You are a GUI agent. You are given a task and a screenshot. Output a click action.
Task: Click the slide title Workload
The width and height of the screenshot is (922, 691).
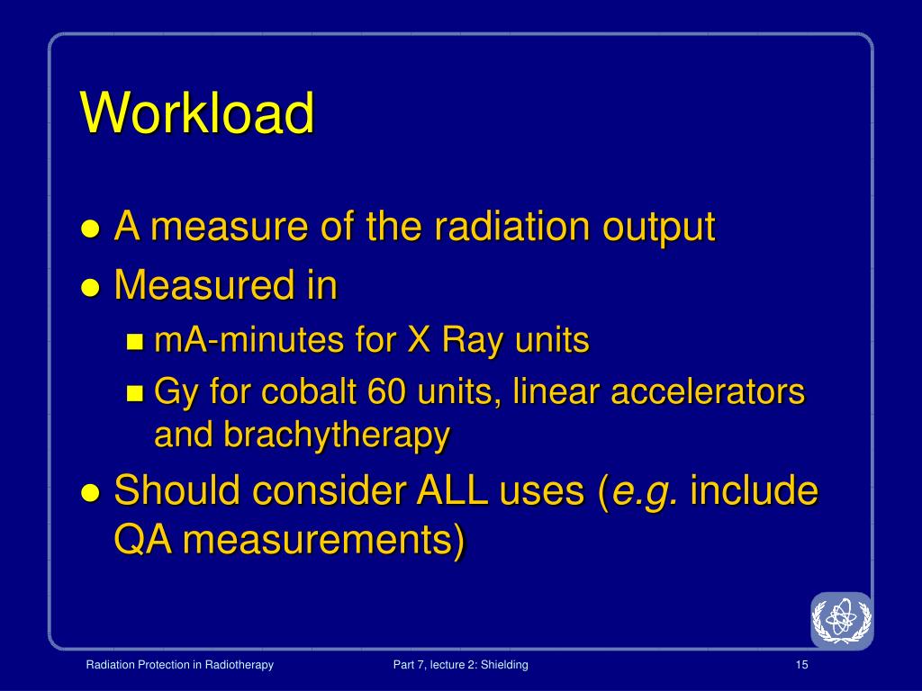point(197,113)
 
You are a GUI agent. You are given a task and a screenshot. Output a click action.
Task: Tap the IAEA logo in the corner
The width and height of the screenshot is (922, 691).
point(842,620)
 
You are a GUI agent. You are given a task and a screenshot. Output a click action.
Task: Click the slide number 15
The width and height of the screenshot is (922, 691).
point(802,665)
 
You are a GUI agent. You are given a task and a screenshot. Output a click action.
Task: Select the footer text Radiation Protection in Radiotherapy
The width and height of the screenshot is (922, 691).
point(179,665)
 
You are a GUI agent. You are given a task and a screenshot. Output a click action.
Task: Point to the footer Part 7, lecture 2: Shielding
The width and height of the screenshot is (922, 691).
point(460,665)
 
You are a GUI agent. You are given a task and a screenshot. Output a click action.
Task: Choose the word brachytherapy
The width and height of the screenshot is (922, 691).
point(336,435)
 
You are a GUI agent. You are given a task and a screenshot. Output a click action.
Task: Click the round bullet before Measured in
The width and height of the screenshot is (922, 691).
point(91,288)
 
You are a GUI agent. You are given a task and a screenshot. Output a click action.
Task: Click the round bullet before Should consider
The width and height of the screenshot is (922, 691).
point(91,493)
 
